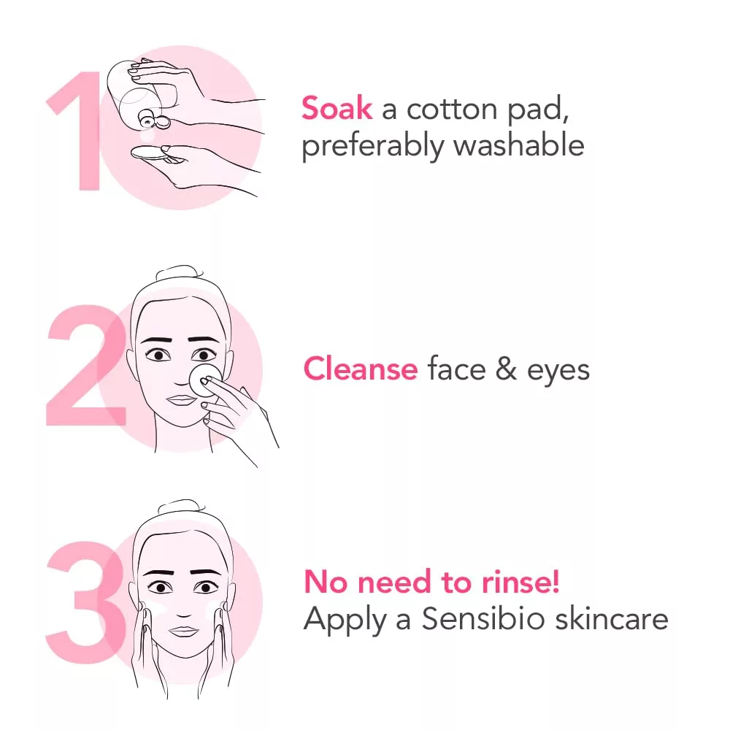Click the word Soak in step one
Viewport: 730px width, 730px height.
pyautogui.click(x=337, y=109)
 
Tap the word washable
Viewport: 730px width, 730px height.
pyautogui.click(x=518, y=145)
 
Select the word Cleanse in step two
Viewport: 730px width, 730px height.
pyautogui.click(x=360, y=369)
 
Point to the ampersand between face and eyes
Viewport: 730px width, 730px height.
pyautogui.click(x=506, y=369)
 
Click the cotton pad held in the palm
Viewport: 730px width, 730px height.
pyautogui.click(x=150, y=154)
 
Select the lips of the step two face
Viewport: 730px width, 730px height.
pyautogui.click(x=178, y=401)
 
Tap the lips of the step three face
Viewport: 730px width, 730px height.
pyautogui.click(x=184, y=631)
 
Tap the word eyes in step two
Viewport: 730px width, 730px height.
pyautogui.click(x=558, y=370)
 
